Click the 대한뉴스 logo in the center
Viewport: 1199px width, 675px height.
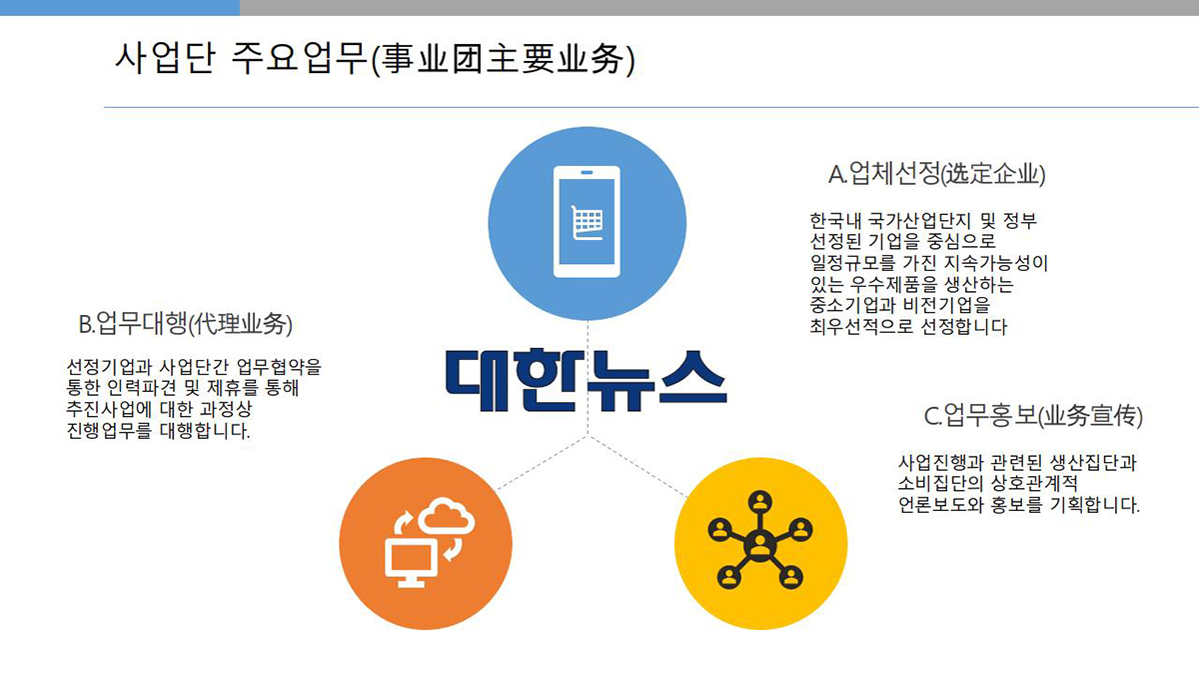(587, 380)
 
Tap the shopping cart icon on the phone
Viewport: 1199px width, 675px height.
(588, 222)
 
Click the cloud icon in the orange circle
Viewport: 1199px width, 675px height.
(446, 515)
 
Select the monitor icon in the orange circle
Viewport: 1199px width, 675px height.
(411, 562)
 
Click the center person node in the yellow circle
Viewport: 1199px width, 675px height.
(759, 546)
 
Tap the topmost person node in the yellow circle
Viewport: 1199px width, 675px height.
(760, 502)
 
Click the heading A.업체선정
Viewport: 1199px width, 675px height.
(937, 174)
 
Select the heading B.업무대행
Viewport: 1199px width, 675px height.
(185, 324)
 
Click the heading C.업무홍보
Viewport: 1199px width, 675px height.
(1033, 416)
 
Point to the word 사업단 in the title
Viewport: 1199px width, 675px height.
(165, 57)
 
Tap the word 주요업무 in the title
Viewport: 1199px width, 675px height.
(299, 57)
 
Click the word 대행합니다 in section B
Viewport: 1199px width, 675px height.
(205, 430)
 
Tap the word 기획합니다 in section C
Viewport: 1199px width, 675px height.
(1095, 505)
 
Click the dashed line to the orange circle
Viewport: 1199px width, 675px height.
(542, 463)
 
